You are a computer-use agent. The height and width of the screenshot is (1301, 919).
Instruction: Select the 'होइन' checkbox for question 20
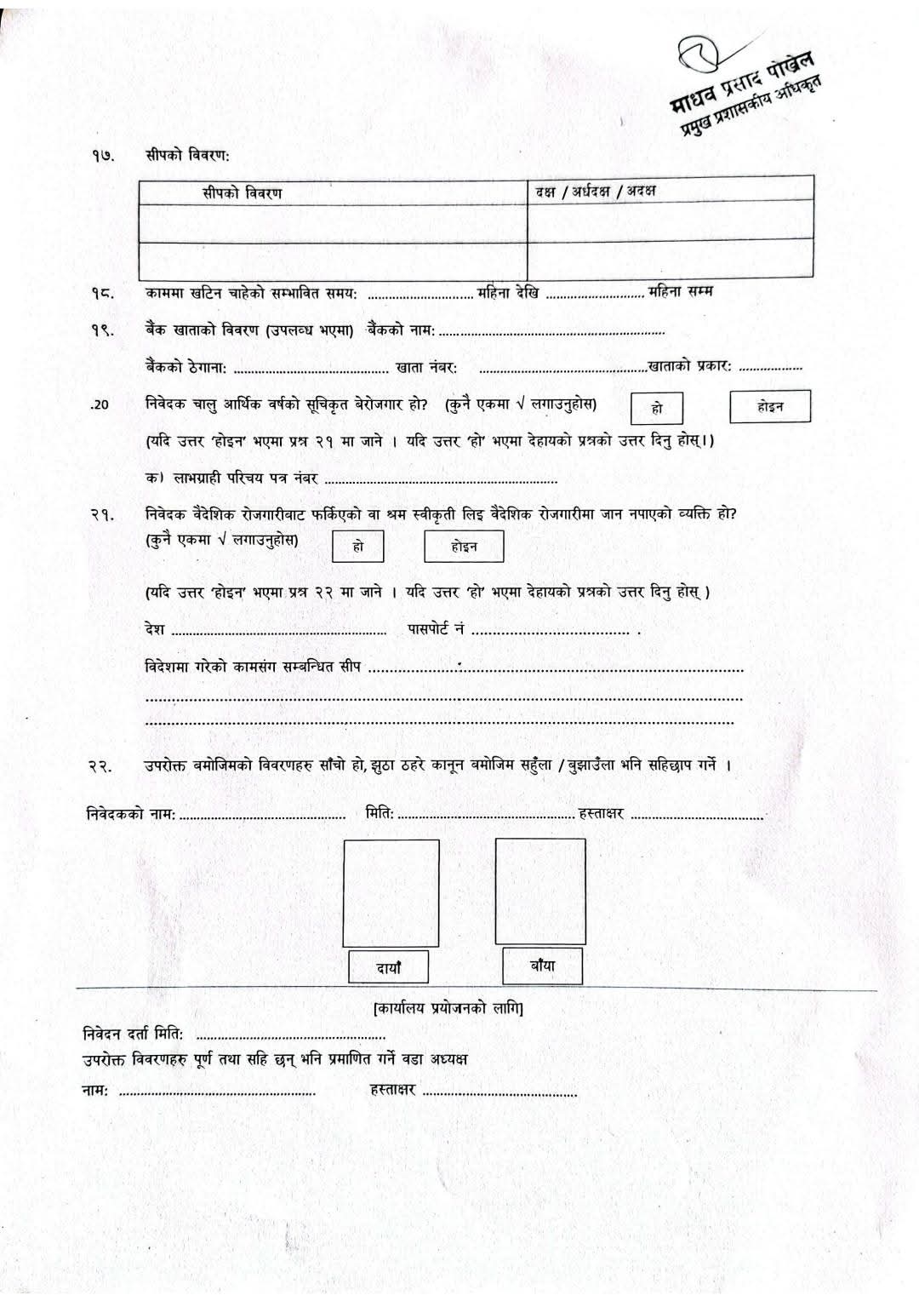(770, 407)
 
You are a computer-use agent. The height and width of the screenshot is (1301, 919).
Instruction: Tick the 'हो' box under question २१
(358, 547)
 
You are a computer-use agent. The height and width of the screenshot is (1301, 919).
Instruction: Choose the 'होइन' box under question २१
(464, 547)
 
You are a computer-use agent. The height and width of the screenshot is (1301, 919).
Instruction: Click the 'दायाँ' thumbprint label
(389, 967)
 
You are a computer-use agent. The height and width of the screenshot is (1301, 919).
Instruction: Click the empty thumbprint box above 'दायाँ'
(391, 892)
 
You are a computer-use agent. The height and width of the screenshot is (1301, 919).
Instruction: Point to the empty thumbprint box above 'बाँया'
(540, 891)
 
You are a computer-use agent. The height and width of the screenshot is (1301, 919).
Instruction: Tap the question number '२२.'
(101, 766)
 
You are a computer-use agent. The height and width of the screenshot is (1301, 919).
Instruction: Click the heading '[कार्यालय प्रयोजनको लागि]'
(448, 1009)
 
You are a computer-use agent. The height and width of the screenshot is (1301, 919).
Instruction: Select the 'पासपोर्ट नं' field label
(435, 629)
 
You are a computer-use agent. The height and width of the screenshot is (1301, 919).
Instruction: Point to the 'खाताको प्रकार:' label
(690, 366)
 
